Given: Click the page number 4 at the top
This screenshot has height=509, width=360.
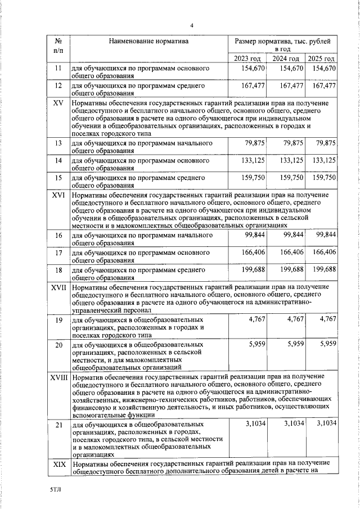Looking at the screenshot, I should point(191,25).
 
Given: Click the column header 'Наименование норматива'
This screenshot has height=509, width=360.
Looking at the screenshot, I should point(149,41).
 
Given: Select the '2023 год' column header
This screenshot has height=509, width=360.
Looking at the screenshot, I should point(247,58).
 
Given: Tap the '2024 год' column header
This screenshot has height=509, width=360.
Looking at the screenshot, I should point(286,58).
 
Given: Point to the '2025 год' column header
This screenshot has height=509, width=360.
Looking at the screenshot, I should point(322,58).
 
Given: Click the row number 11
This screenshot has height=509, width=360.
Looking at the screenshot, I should point(57,69).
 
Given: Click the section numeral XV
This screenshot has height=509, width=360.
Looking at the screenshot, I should point(57,103).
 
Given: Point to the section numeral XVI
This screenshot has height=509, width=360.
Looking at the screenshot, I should point(58,195).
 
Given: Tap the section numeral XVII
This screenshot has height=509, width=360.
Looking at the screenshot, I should point(58,288).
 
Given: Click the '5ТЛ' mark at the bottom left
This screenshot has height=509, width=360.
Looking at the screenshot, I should point(54,490).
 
